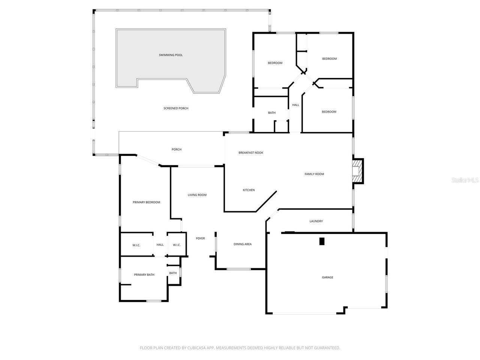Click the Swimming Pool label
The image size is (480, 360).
pos(171,55)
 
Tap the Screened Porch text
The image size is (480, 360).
pos(176,108)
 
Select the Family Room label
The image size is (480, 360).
pos(314,174)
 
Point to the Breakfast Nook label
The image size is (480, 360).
pos(250,153)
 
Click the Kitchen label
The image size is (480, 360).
pos(249,190)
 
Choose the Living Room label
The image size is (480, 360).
pos(197,195)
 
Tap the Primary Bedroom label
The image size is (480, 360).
pos(146,202)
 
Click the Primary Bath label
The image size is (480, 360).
pos(144,274)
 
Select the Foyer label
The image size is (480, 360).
pos(200,238)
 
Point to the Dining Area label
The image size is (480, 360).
pos(243,244)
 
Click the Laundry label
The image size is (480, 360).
pos(316,221)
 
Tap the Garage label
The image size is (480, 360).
pos(327,277)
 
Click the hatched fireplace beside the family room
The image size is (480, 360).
pos(357,171)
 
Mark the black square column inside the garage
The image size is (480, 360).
pos(322,241)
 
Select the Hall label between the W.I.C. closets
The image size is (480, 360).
pos(160,244)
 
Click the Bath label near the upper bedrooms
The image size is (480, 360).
pos(271,112)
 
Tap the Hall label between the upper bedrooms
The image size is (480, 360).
pos(295,105)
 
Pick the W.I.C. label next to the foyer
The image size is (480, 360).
pos(177,245)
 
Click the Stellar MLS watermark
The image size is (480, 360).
pos(465,180)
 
